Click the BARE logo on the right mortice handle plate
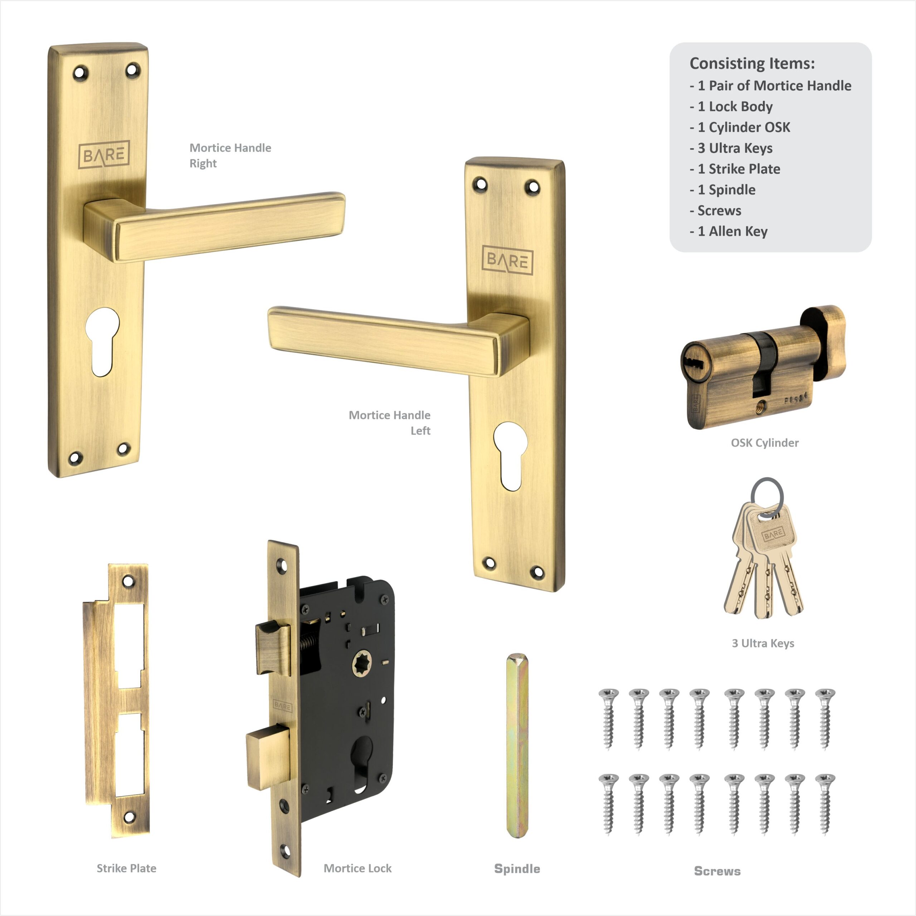pyautogui.click(x=104, y=155)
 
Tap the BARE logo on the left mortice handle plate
pyautogui.click(x=507, y=260)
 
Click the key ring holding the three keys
pyautogui.click(x=767, y=497)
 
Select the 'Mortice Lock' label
pyautogui.click(x=357, y=868)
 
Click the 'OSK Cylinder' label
pyautogui.click(x=765, y=443)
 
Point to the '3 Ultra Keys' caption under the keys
pyautogui.click(x=763, y=643)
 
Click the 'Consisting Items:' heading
pyautogui.click(x=752, y=63)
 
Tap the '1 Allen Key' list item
pyautogui.click(x=729, y=232)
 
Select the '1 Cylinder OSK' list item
pyautogui.click(x=740, y=127)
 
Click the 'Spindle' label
pyautogui.click(x=517, y=868)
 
